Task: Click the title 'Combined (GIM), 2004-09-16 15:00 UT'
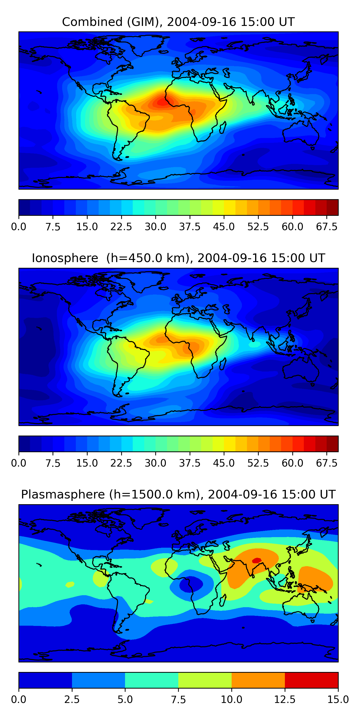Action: click(x=178, y=22)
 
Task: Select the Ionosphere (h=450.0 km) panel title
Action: click(x=178, y=258)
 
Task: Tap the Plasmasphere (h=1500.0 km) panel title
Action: click(x=178, y=494)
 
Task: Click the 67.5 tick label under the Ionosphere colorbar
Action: click(x=327, y=463)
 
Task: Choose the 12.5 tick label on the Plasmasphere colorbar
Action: click(x=285, y=700)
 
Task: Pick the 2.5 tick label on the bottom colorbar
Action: click(x=72, y=700)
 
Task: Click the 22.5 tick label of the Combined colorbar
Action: click(x=121, y=226)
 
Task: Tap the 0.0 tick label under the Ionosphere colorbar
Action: click(x=19, y=463)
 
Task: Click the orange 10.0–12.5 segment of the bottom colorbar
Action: click(x=258, y=680)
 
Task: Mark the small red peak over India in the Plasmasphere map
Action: click(x=257, y=560)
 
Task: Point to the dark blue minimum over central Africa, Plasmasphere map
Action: click(x=191, y=584)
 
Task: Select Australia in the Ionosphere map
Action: click(x=300, y=369)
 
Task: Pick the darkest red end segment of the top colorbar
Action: click(x=332, y=207)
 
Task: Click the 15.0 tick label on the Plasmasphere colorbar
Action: click(x=338, y=700)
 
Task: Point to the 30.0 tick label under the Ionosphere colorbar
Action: click(x=156, y=463)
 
